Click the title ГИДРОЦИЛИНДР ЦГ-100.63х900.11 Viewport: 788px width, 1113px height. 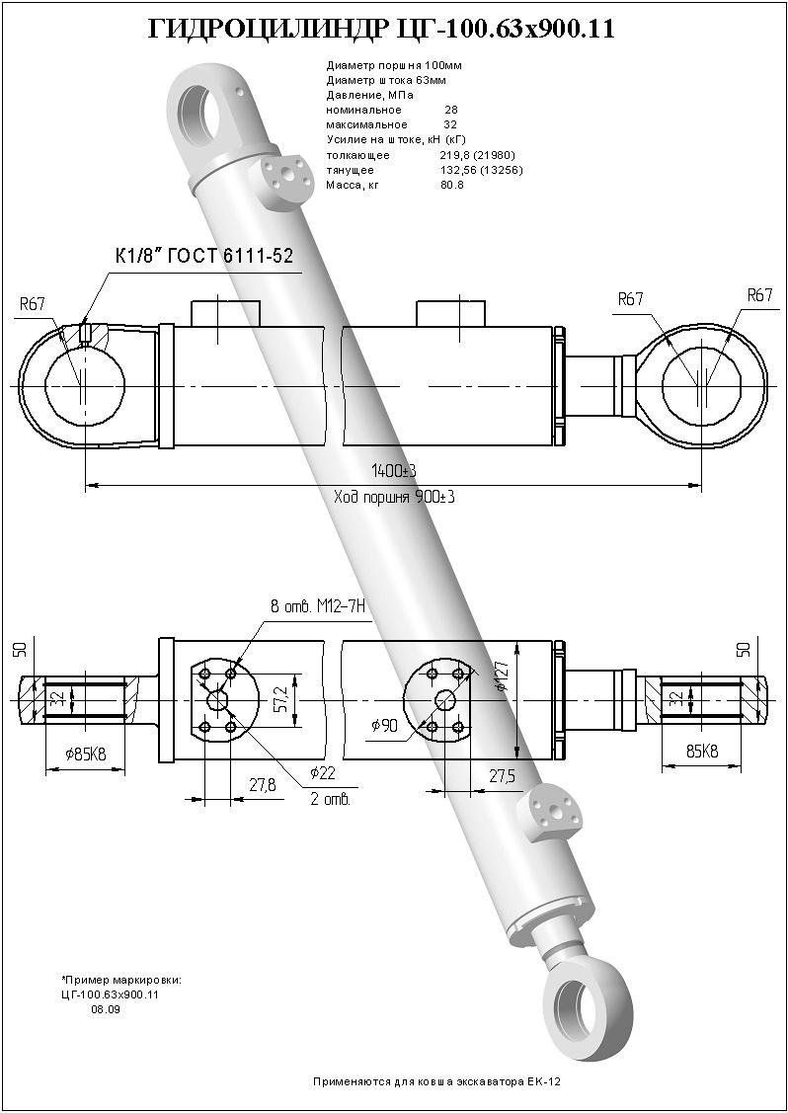tap(380, 30)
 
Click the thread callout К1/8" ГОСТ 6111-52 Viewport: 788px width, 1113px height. tap(204, 256)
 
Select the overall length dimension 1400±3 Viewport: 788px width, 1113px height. tap(393, 470)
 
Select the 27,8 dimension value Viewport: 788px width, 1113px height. tap(262, 785)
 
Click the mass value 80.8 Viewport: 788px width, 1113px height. tap(451, 185)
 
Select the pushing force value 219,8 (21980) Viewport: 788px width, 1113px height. tap(477, 155)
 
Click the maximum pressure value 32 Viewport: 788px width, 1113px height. tap(450, 125)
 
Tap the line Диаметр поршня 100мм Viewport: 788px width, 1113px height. tap(380, 65)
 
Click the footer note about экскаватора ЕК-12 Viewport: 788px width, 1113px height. tap(436, 1082)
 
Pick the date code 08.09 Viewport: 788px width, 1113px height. tap(105, 1009)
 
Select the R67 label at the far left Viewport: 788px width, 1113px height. tap(33, 304)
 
